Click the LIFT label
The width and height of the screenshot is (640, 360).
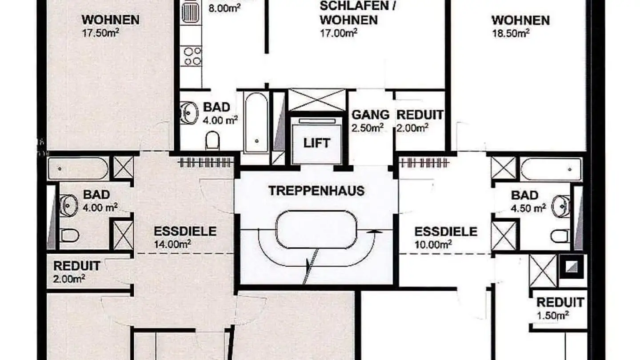pyautogui.click(x=317, y=143)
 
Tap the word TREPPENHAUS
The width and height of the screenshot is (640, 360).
pyautogui.click(x=316, y=191)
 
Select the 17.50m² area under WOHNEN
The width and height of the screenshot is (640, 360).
pyautogui.click(x=100, y=33)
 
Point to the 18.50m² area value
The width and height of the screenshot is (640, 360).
pyautogui.click(x=511, y=33)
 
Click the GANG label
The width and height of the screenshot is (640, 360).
pyautogui.click(x=370, y=115)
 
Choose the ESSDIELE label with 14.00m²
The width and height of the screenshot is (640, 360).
pyautogui.click(x=185, y=231)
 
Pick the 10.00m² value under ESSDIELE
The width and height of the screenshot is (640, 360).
pyautogui.click(x=434, y=244)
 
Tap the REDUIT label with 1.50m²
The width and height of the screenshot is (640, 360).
pyautogui.click(x=560, y=303)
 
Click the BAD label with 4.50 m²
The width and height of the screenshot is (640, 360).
pyautogui.click(x=524, y=195)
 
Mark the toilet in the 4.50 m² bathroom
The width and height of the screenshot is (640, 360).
pyautogui.click(x=560, y=236)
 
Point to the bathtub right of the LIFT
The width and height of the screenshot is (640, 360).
pyautogui.click(x=551, y=169)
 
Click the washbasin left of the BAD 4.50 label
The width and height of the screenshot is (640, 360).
pyautogui.click(x=561, y=206)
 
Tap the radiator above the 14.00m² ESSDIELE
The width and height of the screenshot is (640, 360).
pyautogui.click(x=205, y=163)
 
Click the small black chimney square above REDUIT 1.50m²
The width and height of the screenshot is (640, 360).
pyautogui.click(x=571, y=266)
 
